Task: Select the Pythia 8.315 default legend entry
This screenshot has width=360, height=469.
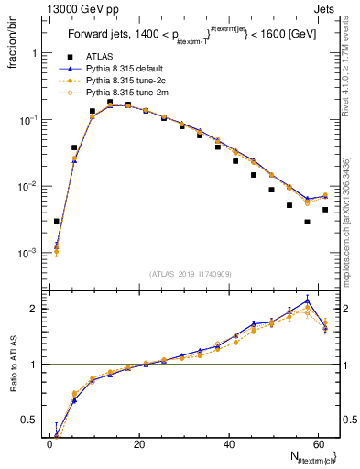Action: point(127,68)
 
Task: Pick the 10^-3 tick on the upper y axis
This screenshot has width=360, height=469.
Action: point(27,253)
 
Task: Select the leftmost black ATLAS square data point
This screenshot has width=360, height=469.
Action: point(57,221)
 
